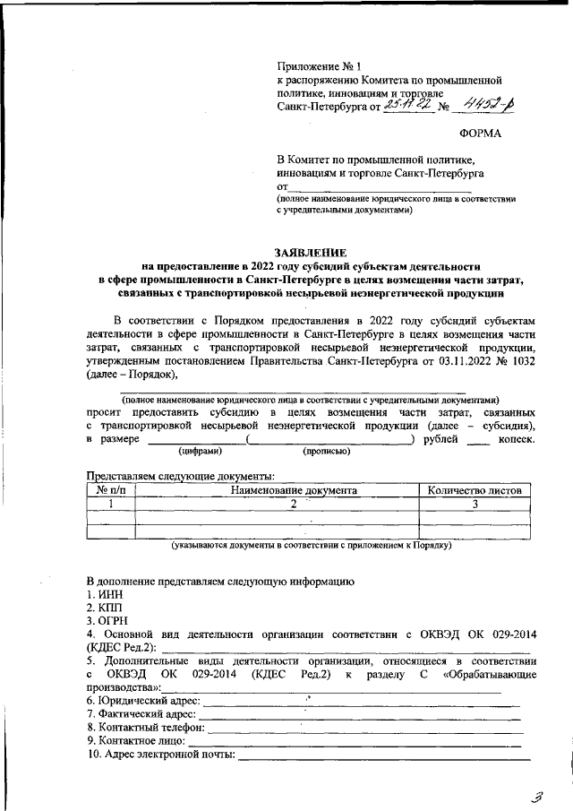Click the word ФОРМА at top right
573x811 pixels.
coord(480,134)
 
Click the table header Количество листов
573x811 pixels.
coord(475,490)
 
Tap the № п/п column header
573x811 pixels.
coord(110,490)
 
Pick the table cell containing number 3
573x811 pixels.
coord(475,504)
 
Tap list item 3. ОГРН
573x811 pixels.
coord(107,621)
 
